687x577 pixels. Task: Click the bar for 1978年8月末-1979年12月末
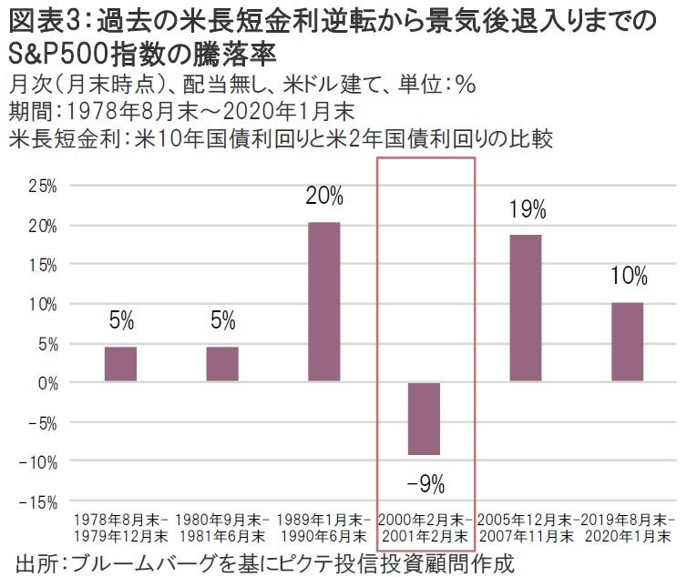coord(120,363)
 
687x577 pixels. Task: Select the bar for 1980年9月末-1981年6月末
coord(222,363)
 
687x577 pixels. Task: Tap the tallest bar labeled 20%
coord(323,301)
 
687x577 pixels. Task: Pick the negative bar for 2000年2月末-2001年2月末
coord(424,418)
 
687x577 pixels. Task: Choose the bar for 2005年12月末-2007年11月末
coord(525,308)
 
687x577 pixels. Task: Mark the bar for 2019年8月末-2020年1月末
coord(627,341)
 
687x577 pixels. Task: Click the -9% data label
coord(426,481)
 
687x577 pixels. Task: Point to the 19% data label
coord(528,209)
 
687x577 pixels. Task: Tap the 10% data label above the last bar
coord(629,276)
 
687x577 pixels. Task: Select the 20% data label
coord(324,196)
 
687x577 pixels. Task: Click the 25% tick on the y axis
coord(43,186)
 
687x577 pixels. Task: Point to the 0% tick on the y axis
coord(47,383)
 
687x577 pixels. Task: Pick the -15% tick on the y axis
coord(40,501)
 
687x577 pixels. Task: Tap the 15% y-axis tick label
coord(43,265)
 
